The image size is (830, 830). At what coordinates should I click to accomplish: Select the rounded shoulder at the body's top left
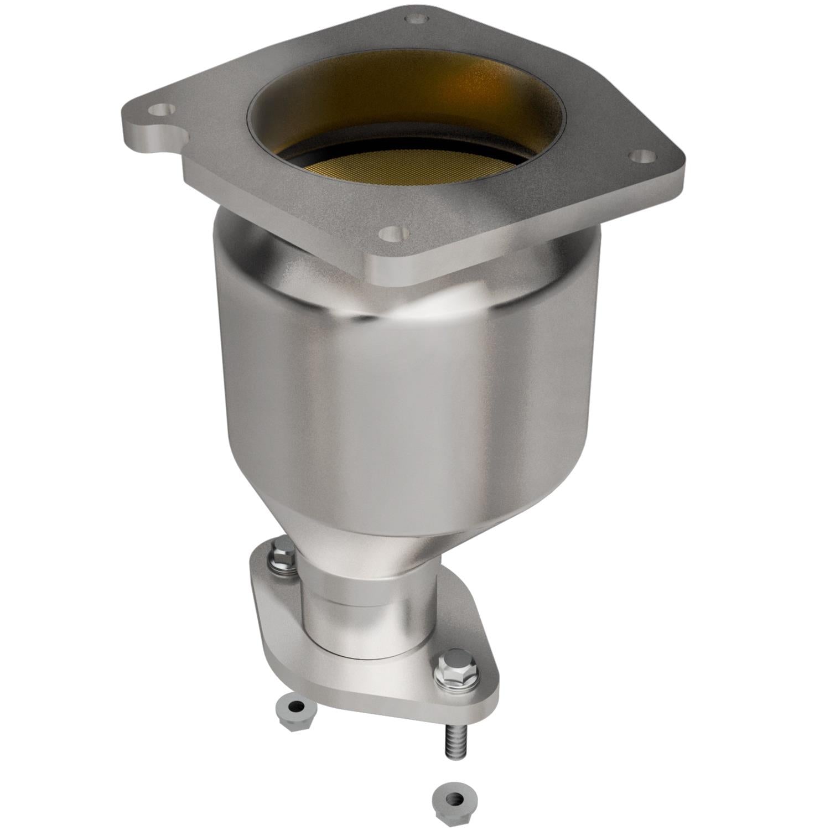[232, 232]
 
